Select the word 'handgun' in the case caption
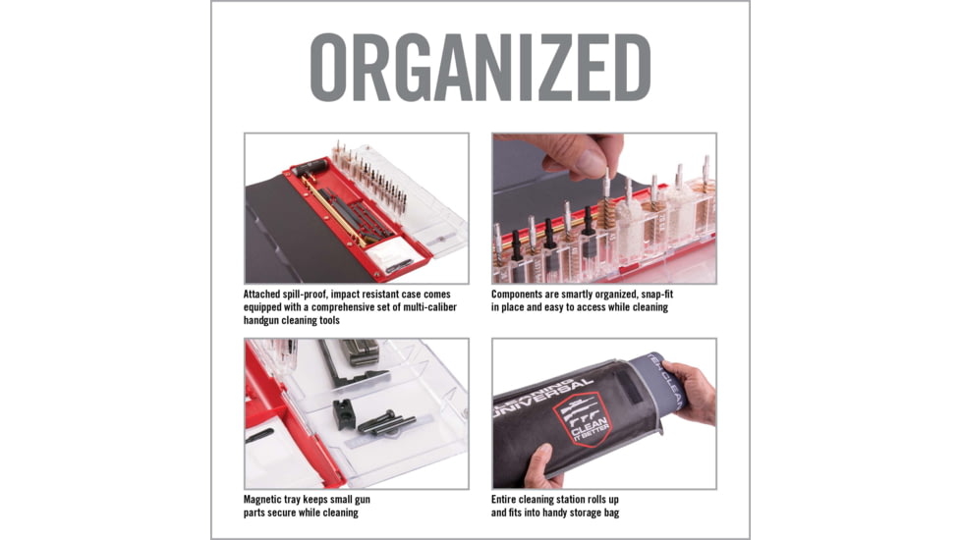pos(268,321)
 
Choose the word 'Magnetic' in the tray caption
pos(268,499)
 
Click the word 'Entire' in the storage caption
pos(510,499)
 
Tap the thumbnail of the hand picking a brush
pos(603,208)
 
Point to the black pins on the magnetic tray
pos(385,423)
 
